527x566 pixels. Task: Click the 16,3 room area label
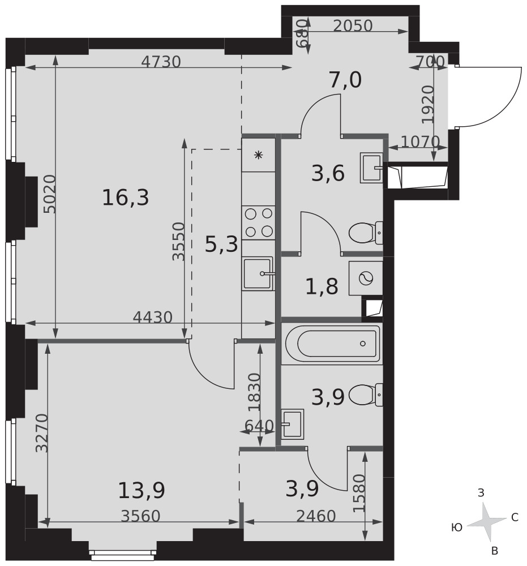click(x=125, y=198)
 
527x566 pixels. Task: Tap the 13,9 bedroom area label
click(x=142, y=490)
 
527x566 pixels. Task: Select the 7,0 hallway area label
click(x=345, y=80)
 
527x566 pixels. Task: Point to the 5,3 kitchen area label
click(x=221, y=244)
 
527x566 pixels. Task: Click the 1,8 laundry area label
click(x=322, y=287)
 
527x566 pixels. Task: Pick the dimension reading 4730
click(x=161, y=62)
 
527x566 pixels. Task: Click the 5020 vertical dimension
click(x=50, y=194)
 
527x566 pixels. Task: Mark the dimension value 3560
click(x=140, y=516)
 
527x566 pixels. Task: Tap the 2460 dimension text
click(x=316, y=516)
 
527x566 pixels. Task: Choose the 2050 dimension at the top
click(x=353, y=25)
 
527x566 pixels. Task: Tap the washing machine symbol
click(x=366, y=278)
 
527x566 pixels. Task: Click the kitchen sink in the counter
click(x=258, y=273)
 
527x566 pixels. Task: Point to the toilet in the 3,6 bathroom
click(x=366, y=233)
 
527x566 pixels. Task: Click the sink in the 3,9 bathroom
click(x=293, y=424)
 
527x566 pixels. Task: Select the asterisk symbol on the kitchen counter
click(x=258, y=155)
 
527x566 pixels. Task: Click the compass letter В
click(x=495, y=551)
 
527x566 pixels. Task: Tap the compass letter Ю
click(x=457, y=528)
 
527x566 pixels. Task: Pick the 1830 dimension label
click(x=255, y=392)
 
